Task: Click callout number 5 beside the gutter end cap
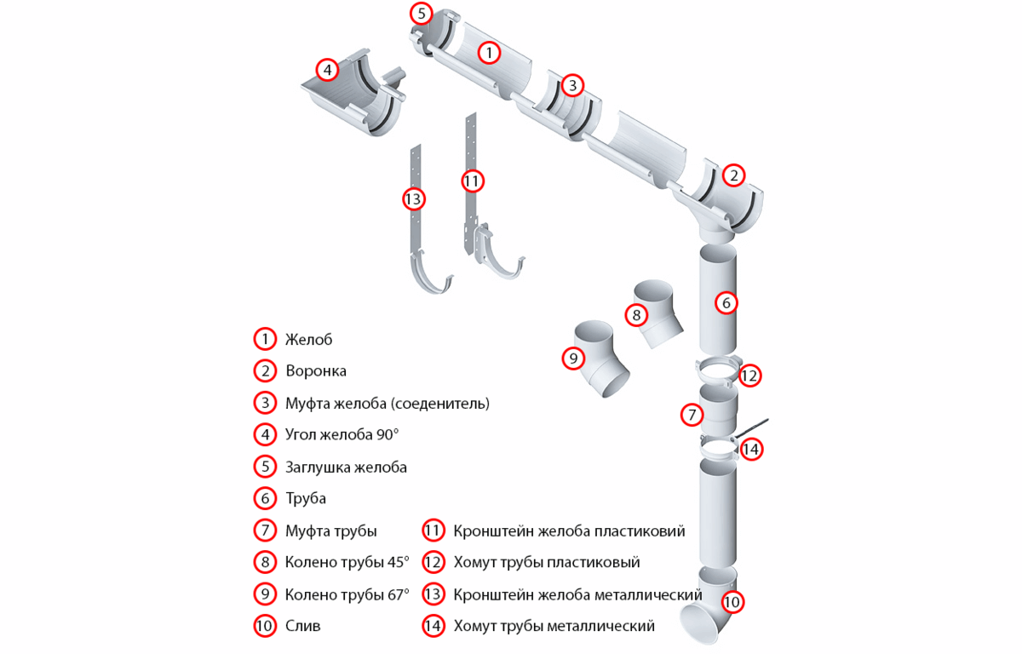coord(421,14)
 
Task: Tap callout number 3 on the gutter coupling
coord(572,85)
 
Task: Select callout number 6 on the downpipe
coord(726,303)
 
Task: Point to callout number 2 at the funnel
coord(733,175)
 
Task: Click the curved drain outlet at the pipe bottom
coord(709,605)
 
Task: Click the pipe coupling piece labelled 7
coord(718,410)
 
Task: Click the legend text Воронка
coord(316,370)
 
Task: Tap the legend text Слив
coord(302,626)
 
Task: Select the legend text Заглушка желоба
coord(346,468)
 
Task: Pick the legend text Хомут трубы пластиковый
coord(547,562)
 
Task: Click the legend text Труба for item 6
coord(305,498)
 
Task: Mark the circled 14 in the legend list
coord(433,626)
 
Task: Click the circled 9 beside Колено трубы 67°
coord(265,594)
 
